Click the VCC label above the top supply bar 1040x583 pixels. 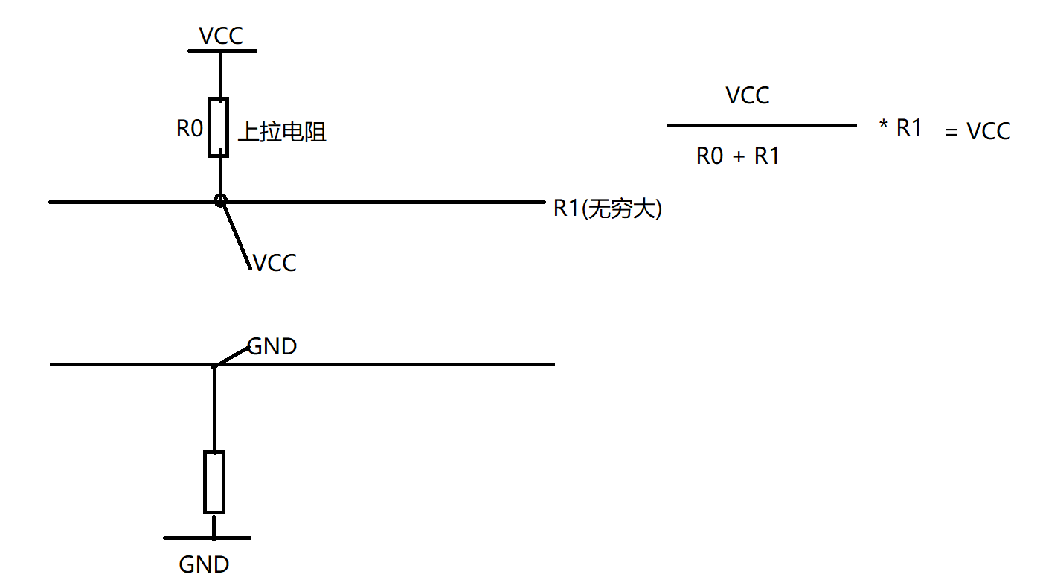tap(221, 36)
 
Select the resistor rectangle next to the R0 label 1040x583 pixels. tap(218, 127)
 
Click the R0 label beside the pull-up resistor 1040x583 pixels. tap(190, 129)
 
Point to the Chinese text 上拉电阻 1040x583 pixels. tap(282, 133)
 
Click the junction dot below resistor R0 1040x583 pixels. tap(219, 200)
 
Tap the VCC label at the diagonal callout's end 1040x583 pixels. tap(275, 263)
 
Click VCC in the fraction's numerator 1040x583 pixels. tap(748, 96)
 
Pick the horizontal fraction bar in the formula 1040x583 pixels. tap(762, 126)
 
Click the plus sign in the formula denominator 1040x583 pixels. tap(739, 157)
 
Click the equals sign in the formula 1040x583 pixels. tap(952, 133)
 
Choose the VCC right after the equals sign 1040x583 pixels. tap(989, 132)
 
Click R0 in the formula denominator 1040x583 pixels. tap(710, 156)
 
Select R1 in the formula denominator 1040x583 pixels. tap(767, 156)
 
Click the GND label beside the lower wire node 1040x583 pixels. tap(272, 346)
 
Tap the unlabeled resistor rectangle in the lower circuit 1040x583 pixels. tap(214, 482)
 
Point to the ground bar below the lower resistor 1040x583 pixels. tap(208, 538)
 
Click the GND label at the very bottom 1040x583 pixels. tap(204, 564)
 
